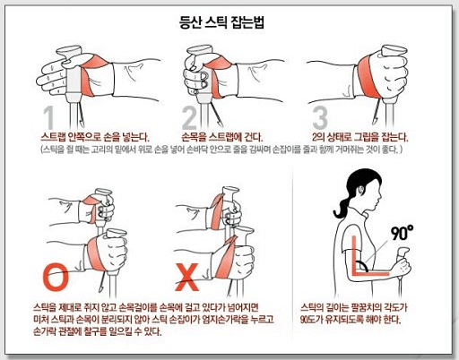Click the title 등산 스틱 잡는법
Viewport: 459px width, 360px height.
point(221,22)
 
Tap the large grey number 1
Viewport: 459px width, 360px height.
point(49,117)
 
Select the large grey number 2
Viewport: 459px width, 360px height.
point(189,117)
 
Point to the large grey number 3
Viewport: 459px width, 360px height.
point(320,117)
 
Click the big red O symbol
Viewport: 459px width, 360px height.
point(56,278)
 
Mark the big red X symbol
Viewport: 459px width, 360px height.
point(186,278)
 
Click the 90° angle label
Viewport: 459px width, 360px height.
point(403,233)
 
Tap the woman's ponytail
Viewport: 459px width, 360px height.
point(342,206)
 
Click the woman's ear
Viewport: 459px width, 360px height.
point(362,190)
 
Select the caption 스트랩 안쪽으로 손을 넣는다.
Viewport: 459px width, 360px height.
point(95,137)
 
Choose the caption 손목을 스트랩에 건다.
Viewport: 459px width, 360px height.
point(222,137)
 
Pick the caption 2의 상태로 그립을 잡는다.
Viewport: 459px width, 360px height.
point(359,137)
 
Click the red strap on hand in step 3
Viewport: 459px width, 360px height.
point(367,76)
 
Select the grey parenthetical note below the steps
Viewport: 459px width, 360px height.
point(221,150)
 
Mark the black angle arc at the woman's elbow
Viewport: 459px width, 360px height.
point(364,265)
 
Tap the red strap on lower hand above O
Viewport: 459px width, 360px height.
point(95,253)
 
